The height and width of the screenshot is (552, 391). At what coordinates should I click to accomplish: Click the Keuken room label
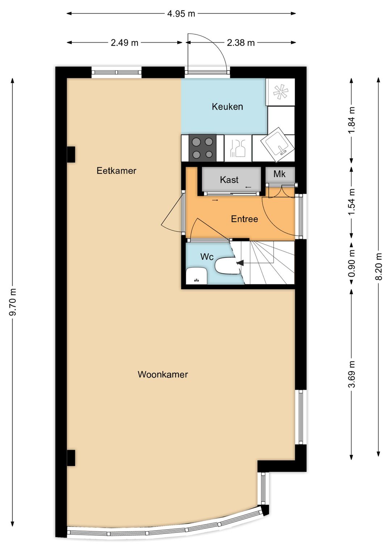tap(227, 107)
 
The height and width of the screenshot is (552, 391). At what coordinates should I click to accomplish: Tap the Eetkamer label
tap(117, 171)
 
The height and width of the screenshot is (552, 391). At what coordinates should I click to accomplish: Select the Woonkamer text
tap(163, 375)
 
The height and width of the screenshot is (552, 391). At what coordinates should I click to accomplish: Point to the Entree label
tap(244, 219)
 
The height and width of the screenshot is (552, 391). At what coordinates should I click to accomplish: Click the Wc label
tap(207, 257)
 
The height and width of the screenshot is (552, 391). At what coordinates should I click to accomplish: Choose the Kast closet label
tap(229, 180)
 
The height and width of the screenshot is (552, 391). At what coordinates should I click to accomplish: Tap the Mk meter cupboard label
tap(279, 174)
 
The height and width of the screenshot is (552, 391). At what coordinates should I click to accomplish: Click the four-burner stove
tap(202, 148)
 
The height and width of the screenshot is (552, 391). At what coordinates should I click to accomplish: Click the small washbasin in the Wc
tap(197, 276)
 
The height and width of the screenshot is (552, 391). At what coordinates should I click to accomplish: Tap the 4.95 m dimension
tap(181, 13)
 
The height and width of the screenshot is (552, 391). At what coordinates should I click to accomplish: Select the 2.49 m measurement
tap(125, 43)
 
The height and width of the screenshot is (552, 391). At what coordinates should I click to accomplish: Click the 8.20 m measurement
tap(379, 266)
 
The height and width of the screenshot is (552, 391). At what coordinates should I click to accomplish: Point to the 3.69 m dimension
tap(352, 374)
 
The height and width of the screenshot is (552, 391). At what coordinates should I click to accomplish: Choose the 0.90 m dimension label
tap(352, 263)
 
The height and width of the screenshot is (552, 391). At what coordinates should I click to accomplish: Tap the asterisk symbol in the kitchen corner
tap(281, 92)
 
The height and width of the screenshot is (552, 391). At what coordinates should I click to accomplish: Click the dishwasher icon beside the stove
tap(238, 148)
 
